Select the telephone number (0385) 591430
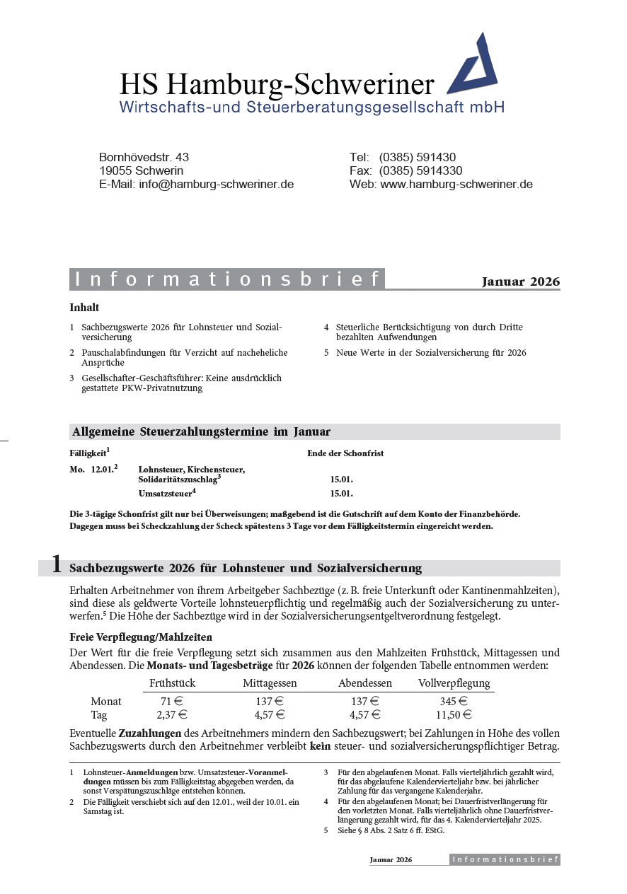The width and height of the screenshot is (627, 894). tap(417, 158)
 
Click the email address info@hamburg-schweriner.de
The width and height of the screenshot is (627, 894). tap(216, 185)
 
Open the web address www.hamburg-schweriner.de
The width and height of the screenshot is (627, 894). tap(456, 185)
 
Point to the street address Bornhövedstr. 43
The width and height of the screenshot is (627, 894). tap(144, 158)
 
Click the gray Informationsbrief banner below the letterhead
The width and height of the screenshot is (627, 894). tap(227, 279)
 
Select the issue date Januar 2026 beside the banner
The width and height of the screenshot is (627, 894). tap(520, 281)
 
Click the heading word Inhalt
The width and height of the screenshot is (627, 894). tap(84, 308)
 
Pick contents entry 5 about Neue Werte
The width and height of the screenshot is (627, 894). tap(430, 352)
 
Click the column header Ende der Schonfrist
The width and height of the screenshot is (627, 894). tap(345, 453)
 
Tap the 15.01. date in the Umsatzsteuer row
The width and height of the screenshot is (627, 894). tap(341, 494)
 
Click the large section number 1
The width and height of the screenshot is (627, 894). tap(55, 566)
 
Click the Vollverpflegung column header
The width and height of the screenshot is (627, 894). tap(454, 683)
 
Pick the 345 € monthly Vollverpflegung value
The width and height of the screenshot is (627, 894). tap(454, 702)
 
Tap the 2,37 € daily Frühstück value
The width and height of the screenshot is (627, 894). tap(169, 715)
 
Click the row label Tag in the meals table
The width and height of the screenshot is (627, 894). tap(99, 715)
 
